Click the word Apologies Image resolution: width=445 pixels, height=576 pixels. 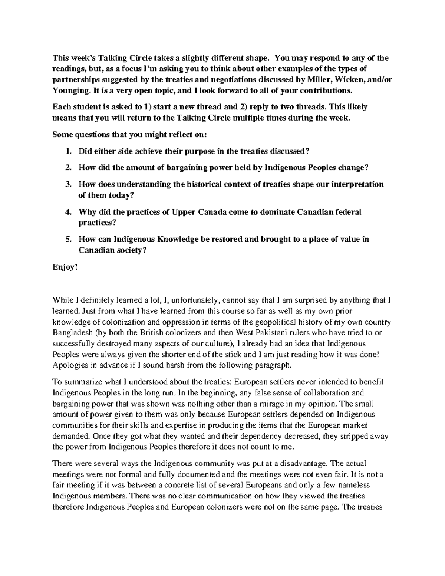pos(70,365)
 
